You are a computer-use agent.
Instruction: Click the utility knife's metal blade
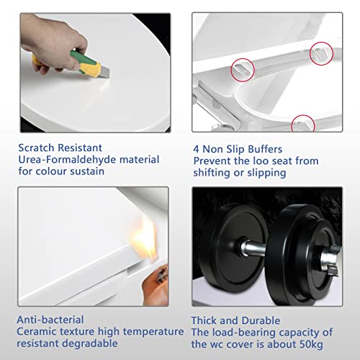pos(104,72)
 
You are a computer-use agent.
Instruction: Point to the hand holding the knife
pos(52,43)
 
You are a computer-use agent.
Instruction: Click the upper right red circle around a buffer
pos(321,53)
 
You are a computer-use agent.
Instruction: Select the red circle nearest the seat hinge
pos(243,70)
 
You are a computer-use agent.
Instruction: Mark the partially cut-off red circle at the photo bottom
pos(303,123)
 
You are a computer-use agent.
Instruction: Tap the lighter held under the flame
pos(156,285)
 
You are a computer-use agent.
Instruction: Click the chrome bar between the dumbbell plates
pos(253,249)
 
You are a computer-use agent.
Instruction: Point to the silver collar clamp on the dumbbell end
pos(330,261)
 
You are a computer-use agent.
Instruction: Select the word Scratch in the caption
pos(37,148)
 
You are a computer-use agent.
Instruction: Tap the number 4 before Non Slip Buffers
pos(196,149)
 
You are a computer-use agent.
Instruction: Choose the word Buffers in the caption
pos(265,149)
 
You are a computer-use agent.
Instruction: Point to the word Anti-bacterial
pos(50,320)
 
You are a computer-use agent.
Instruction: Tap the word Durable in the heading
pos(261,320)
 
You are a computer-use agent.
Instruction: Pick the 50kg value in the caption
pos(311,344)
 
